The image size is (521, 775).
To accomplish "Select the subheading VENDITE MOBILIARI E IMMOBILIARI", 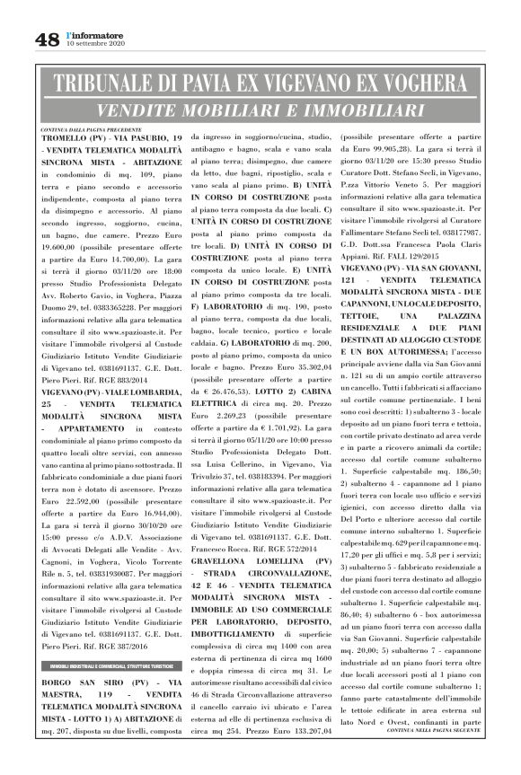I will pyautogui.click(x=260, y=111).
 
